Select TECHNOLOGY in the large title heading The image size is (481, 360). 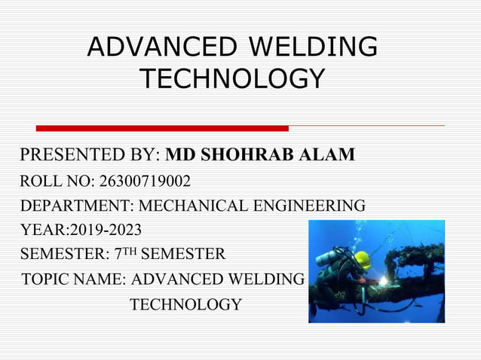tap(233, 78)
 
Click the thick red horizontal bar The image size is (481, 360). tap(162, 128)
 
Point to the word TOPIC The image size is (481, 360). tap(46, 279)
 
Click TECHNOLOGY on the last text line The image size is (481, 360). tap(186, 304)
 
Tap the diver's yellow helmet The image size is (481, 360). tap(363, 261)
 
